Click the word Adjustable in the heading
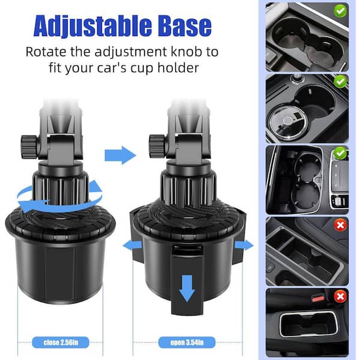coord(92,25)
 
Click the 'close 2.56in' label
coord(61,343)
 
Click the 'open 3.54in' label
coord(187,343)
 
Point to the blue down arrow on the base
coord(187,289)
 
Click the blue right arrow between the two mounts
coord(121,155)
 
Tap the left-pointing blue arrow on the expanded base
coord(133,246)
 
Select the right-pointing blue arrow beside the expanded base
coord(244,245)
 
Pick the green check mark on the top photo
coord(340,11)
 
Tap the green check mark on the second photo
coord(340,81)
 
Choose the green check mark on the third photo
coord(340,153)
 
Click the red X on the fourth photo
coord(340,225)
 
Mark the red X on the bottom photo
coord(340,296)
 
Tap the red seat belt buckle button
coord(318,298)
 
